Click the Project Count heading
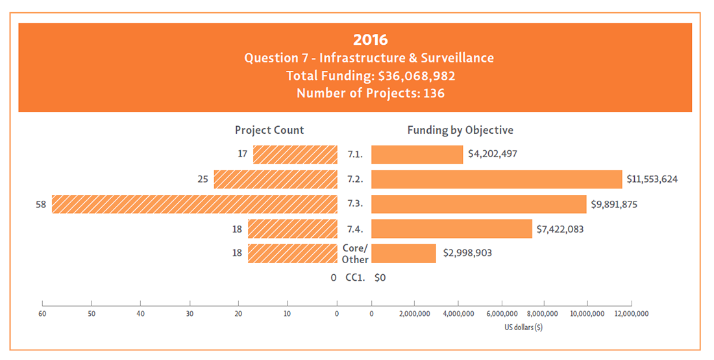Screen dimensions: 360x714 tap(269, 130)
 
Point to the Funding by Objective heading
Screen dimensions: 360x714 tap(460, 130)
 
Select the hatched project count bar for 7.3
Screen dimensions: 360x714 tap(195, 204)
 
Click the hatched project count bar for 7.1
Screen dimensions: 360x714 tap(295, 155)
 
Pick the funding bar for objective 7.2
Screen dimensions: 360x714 tap(497, 179)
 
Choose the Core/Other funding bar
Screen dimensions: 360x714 tap(404, 253)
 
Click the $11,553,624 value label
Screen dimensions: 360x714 tap(652, 179)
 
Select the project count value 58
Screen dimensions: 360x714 tap(42, 204)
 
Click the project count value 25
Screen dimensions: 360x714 tap(203, 179)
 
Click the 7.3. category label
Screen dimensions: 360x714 tap(355, 204)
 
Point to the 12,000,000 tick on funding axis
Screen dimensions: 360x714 tap(631, 314)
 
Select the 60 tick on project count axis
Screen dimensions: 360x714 tap(43, 314)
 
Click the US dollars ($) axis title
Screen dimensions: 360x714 tap(523, 327)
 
